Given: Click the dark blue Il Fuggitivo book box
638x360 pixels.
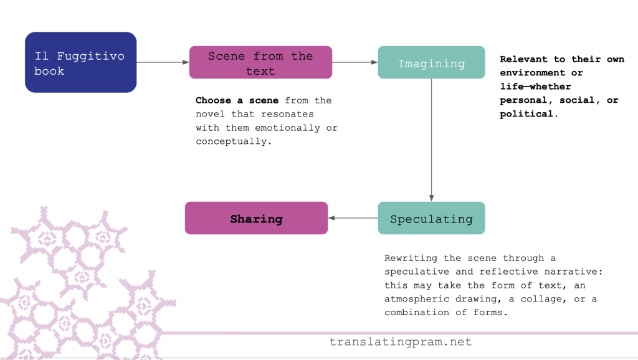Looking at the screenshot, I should tap(80, 62).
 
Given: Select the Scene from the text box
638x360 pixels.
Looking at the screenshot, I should tap(260, 63).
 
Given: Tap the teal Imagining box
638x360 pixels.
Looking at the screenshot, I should tap(431, 63).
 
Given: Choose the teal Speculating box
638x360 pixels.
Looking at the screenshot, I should tap(431, 219).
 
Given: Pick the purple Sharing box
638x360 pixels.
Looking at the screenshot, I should tap(256, 219).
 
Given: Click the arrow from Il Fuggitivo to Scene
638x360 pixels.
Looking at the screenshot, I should tap(163, 62).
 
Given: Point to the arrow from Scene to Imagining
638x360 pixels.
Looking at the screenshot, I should tap(355, 62).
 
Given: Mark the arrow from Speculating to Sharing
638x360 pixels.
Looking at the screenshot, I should tap(353, 218).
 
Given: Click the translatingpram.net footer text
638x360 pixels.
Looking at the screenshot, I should tap(401, 342).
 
